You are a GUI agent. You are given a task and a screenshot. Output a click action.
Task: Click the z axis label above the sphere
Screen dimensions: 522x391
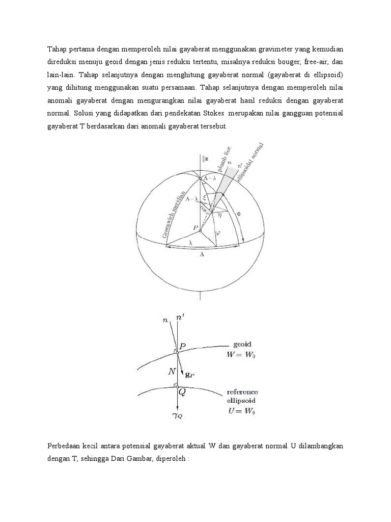pyautogui.click(x=206, y=159)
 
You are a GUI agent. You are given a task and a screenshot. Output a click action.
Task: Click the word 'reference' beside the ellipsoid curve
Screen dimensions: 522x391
pyautogui.click(x=242, y=391)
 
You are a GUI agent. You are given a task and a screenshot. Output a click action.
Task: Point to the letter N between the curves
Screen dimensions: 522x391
pyautogui.click(x=171, y=372)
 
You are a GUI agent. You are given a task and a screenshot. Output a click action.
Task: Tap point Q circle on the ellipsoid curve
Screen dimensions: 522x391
pyautogui.click(x=175, y=386)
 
